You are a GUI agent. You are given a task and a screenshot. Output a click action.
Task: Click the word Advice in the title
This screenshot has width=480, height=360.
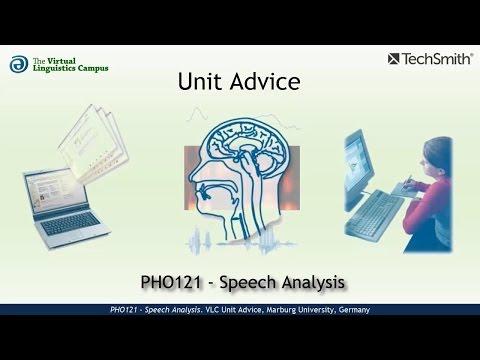[x=262, y=81]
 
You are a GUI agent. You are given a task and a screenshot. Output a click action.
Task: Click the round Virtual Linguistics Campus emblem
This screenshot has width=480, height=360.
[x=18, y=64]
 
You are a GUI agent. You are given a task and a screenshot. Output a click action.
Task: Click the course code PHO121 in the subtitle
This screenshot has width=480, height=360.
[x=171, y=273]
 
